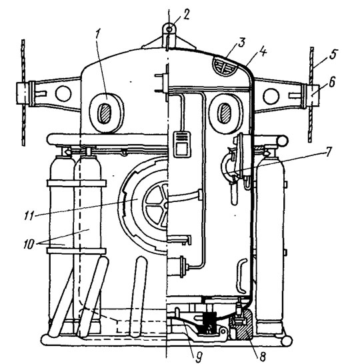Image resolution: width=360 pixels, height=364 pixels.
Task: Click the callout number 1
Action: (x=97, y=35)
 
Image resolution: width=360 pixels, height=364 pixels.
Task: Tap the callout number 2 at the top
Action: (x=186, y=15)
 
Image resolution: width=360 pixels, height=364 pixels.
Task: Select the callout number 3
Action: (x=241, y=43)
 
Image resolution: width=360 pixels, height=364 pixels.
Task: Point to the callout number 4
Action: (x=263, y=52)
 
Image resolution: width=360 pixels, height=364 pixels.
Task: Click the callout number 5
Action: (x=333, y=54)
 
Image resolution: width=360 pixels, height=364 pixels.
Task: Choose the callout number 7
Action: (x=328, y=151)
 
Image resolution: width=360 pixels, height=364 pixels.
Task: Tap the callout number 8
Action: (x=263, y=357)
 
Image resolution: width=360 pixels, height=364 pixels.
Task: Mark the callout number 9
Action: (x=199, y=357)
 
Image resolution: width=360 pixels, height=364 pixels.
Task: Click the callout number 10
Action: (x=29, y=244)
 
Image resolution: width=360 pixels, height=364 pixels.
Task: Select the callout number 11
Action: (x=29, y=215)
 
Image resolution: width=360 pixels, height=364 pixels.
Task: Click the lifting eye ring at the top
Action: (x=169, y=29)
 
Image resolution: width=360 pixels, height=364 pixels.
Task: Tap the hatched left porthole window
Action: (x=105, y=113)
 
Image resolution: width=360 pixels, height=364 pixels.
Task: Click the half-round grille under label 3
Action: (x=225, y=66)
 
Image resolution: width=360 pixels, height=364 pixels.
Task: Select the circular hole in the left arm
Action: (x=63, y=93)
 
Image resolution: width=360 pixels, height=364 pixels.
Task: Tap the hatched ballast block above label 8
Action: (x=245, y=324)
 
